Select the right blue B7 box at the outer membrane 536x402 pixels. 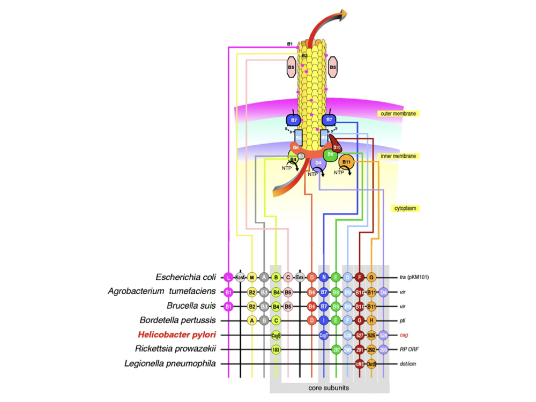click(330, 120)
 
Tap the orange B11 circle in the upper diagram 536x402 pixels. click(346, 161)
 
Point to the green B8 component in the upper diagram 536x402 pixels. click(331, 154)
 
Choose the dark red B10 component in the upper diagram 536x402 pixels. click(337, 146)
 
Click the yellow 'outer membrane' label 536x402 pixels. click(397, 114)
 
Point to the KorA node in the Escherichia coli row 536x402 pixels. click(240, 277)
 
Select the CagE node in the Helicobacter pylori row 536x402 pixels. click(276, 335)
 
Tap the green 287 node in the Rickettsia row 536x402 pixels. click(336, 349)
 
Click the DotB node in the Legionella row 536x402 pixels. click(371, 364)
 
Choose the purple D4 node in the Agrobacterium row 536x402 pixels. click(384, 292)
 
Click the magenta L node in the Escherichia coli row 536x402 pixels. click(229, 277)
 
